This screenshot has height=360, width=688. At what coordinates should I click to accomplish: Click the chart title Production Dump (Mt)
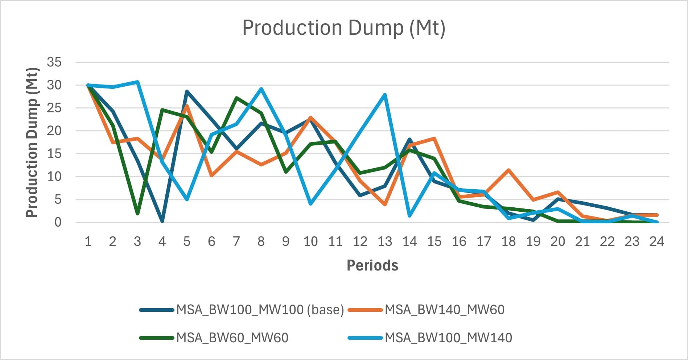(343, 28)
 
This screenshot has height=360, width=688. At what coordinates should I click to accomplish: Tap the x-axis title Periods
(372, 265)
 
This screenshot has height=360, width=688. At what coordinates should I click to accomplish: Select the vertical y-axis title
(32, 142)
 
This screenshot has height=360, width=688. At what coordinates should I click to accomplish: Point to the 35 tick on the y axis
(54, 62)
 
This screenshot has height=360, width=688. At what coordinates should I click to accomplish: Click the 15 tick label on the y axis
(54, 154)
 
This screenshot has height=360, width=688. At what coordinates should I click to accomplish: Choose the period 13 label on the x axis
(385, 241)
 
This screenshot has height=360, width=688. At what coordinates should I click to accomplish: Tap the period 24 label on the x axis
(656, 241)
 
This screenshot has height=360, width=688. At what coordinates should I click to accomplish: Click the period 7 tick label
(236, 241)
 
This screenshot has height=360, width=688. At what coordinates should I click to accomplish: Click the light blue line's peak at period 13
(385, 95)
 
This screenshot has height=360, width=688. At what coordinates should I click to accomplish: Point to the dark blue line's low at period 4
(162, 221)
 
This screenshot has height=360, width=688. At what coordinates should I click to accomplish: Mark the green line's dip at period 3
(137, 214)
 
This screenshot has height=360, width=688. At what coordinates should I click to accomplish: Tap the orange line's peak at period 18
(508, 170)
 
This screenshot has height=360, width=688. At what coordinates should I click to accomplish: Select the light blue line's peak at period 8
(261, 89)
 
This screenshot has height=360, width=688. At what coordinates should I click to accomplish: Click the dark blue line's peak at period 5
(187, 91)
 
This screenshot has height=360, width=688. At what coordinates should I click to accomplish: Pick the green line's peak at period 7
(236, 98)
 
